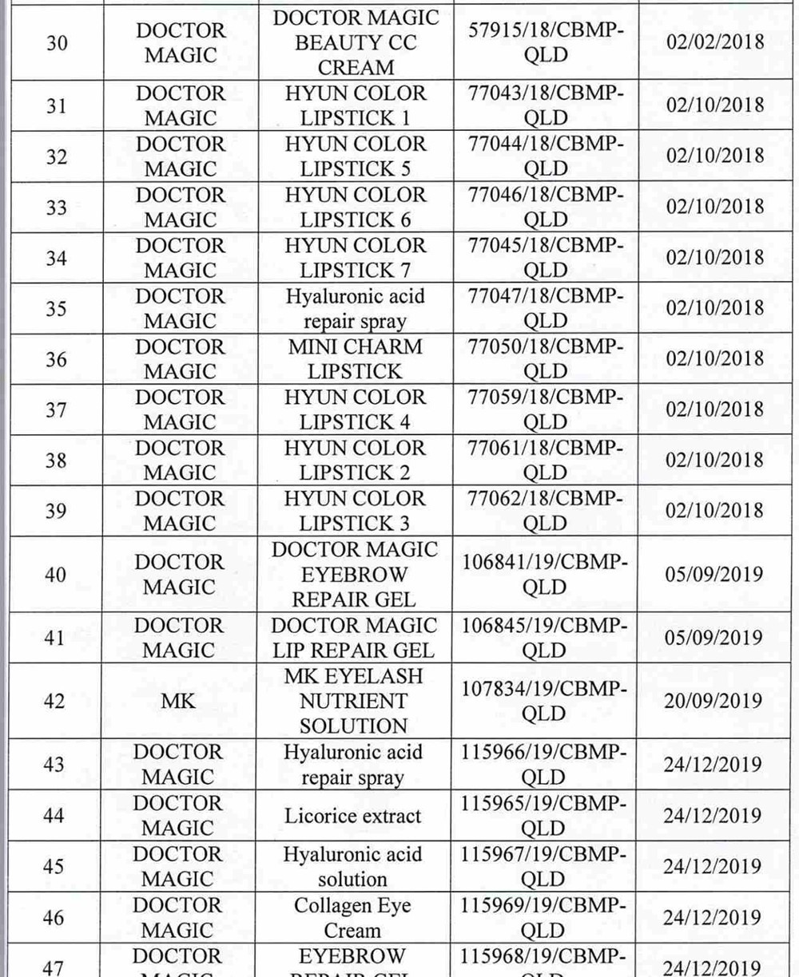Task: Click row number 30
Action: click(x=56, y=43)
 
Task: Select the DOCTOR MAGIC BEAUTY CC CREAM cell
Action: click(x=356, y=43)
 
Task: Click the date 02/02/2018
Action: click(x=715, y=42)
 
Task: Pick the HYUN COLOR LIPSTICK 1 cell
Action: click(x=356, y=105)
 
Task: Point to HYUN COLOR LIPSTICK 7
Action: click(x=356, y=258)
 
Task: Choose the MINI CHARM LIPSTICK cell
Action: click(x=356, y=359)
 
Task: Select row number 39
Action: click(x=56, y=511)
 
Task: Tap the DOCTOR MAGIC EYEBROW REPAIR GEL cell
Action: click(x=356, y=574)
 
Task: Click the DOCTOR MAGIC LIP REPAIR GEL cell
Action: click(x=356, y=638)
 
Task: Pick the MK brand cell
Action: click(x=178, y=702)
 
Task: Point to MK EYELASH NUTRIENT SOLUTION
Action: click(x=356, y=702)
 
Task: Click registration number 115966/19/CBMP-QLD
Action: click(x=543, y=765)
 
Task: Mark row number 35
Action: click(x=56, y=308)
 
